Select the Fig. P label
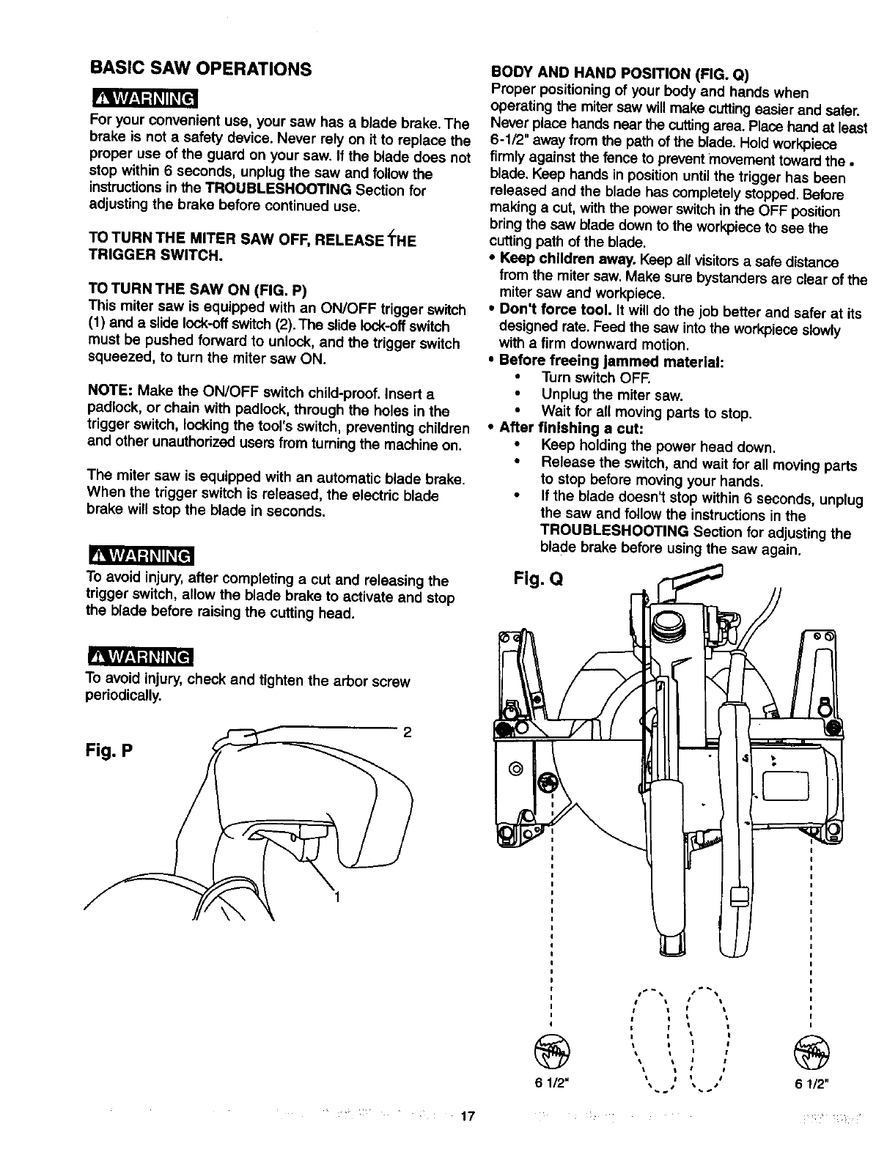pos(112,753)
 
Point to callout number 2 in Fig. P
pos(407,731)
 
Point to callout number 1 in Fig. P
pos(337,896)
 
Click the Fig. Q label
pos(537,581)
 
